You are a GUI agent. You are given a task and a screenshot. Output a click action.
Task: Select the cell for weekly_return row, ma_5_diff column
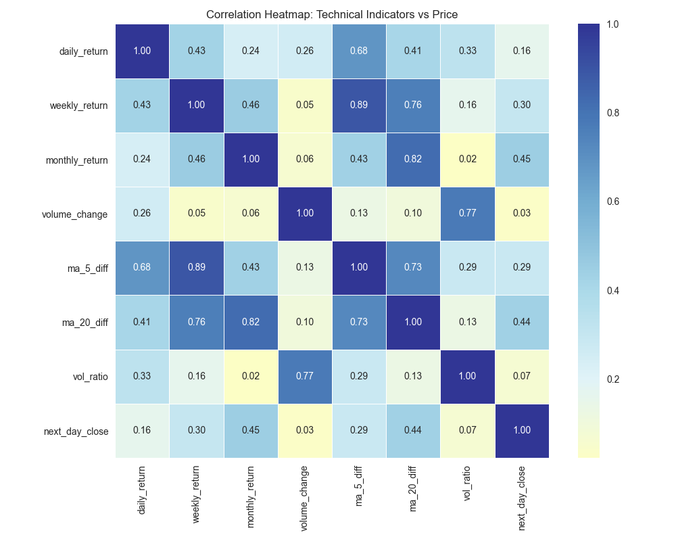(x=359, y=105)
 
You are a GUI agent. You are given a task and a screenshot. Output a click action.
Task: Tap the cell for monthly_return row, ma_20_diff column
(x=413, y=160)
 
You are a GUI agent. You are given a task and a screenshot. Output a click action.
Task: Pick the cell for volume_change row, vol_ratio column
(x=467, y=214)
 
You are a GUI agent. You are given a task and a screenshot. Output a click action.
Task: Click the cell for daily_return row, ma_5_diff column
(x=359, y=51)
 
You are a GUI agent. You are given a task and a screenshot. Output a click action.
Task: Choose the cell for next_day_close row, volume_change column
(x=305, y=431)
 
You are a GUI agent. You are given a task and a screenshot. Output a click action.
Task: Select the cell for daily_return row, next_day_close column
(x=521, y=51)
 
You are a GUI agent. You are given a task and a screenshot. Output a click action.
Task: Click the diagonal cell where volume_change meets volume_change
(x=305, y=214)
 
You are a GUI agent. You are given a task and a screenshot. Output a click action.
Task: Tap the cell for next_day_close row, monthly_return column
(x=251, y=431)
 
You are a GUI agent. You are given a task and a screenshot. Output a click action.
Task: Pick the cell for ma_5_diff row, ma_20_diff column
(x=413, y=268)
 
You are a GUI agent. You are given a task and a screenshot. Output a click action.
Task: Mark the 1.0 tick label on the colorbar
(x=612, y=24)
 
